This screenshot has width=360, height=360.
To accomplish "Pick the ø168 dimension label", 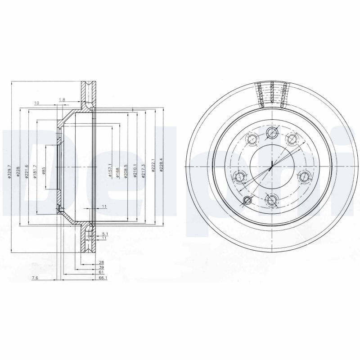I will pos(118,172).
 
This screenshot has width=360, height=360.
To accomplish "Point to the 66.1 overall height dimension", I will pos(102,279).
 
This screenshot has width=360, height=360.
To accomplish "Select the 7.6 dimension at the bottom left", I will pos(36,279).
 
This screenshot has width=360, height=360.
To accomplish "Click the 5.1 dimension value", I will pos(104,234).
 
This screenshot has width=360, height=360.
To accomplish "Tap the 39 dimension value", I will pos(101,267).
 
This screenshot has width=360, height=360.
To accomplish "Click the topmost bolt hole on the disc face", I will pos(271,132).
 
